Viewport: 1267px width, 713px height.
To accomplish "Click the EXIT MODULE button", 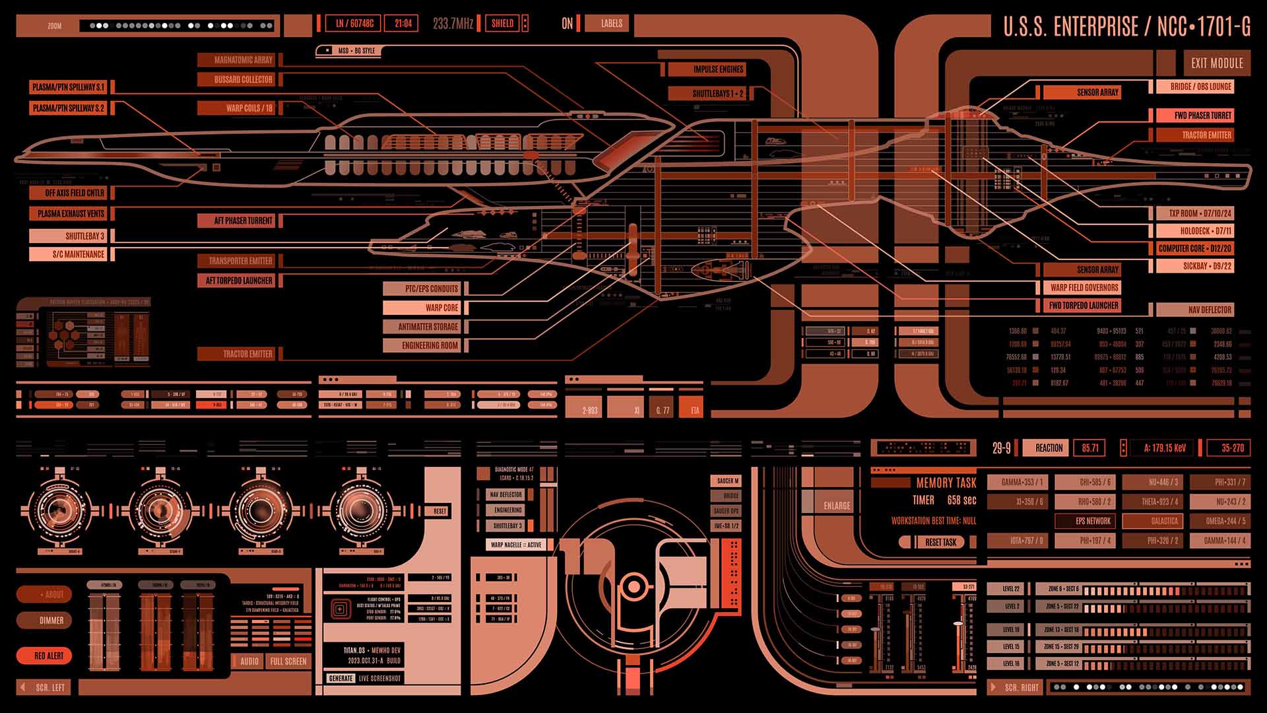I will (1217, 63).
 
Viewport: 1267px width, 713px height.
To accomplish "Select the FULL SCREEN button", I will (288, 661).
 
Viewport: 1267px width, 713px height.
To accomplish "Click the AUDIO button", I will (249, 661).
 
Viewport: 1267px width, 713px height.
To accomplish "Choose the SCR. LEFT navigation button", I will (46, 687).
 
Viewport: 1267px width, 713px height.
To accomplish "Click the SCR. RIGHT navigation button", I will (1016, 687).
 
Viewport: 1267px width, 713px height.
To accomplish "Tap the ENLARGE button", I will (836, 506).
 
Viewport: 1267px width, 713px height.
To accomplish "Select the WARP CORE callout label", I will (424, 308).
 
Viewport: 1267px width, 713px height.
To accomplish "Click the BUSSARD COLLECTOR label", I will (240, 79).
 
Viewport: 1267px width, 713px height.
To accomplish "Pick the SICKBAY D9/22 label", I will (1194, 266).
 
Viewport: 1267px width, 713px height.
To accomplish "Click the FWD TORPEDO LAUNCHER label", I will (1083, 306).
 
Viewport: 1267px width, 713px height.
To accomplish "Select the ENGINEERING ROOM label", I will (424, 345).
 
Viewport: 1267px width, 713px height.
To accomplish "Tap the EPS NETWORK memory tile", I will (1093, 521).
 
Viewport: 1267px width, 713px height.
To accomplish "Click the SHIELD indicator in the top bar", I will (502, 24).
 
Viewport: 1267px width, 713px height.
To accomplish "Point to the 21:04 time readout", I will (403, 24).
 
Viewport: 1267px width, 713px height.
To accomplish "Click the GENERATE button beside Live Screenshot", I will (341, 678).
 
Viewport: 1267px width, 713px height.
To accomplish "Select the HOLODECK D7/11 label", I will (1194, 231).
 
